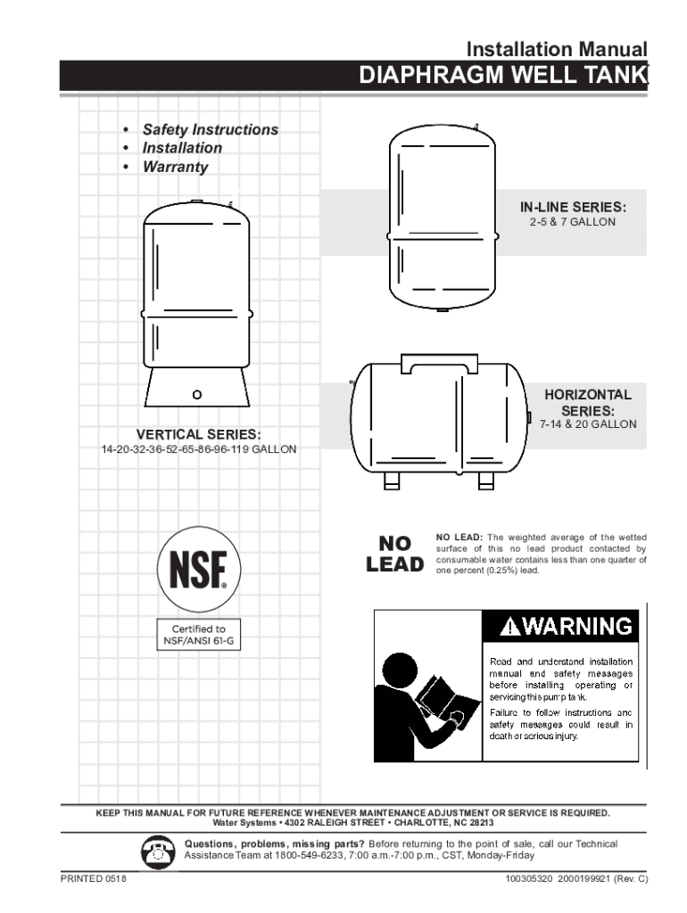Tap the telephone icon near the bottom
(157, 851)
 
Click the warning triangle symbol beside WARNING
(509, 626)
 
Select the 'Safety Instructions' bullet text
(211, 129)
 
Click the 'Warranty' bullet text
(176, 167)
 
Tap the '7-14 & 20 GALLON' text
(588, 424)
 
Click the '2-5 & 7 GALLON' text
(572, 222)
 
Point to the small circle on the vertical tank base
(197, 394)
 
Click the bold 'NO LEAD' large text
(394, 554)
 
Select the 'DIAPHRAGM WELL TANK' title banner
(502, 77)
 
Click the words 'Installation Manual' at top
(558, 49)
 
